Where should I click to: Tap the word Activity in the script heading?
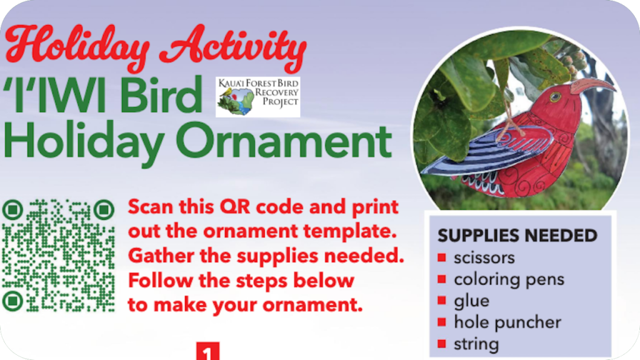pyautogui.click(x=233, y=47)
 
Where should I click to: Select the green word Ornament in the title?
pyautogui.click(x=284, y=141)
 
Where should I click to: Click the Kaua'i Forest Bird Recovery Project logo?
pyautogui.click(x=258, y=97)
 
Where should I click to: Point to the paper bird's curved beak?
pyautogui.click(x=592, y=86)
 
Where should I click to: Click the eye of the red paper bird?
pyautogui.click(x=555, y=97)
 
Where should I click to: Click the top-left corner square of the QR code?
pyautogui.click(x=12, y=210)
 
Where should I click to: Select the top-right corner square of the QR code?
pyautogui.click(x=104, y=210)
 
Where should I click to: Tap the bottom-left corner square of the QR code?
pyautogui.click(x=12, y=301)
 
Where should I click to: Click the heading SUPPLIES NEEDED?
pyautogui.click(x=517, y=236)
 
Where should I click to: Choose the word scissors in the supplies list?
pyautogui.click(x=484, y=258)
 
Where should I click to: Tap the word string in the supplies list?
pyautogui.click(x=476, y=344)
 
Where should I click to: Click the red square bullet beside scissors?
pyautogui.click(x=442, y=257)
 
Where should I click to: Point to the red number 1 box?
pyautogui.click(x=207, y=351)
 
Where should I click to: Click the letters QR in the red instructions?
pyautogui.click(x=235, y=207)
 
